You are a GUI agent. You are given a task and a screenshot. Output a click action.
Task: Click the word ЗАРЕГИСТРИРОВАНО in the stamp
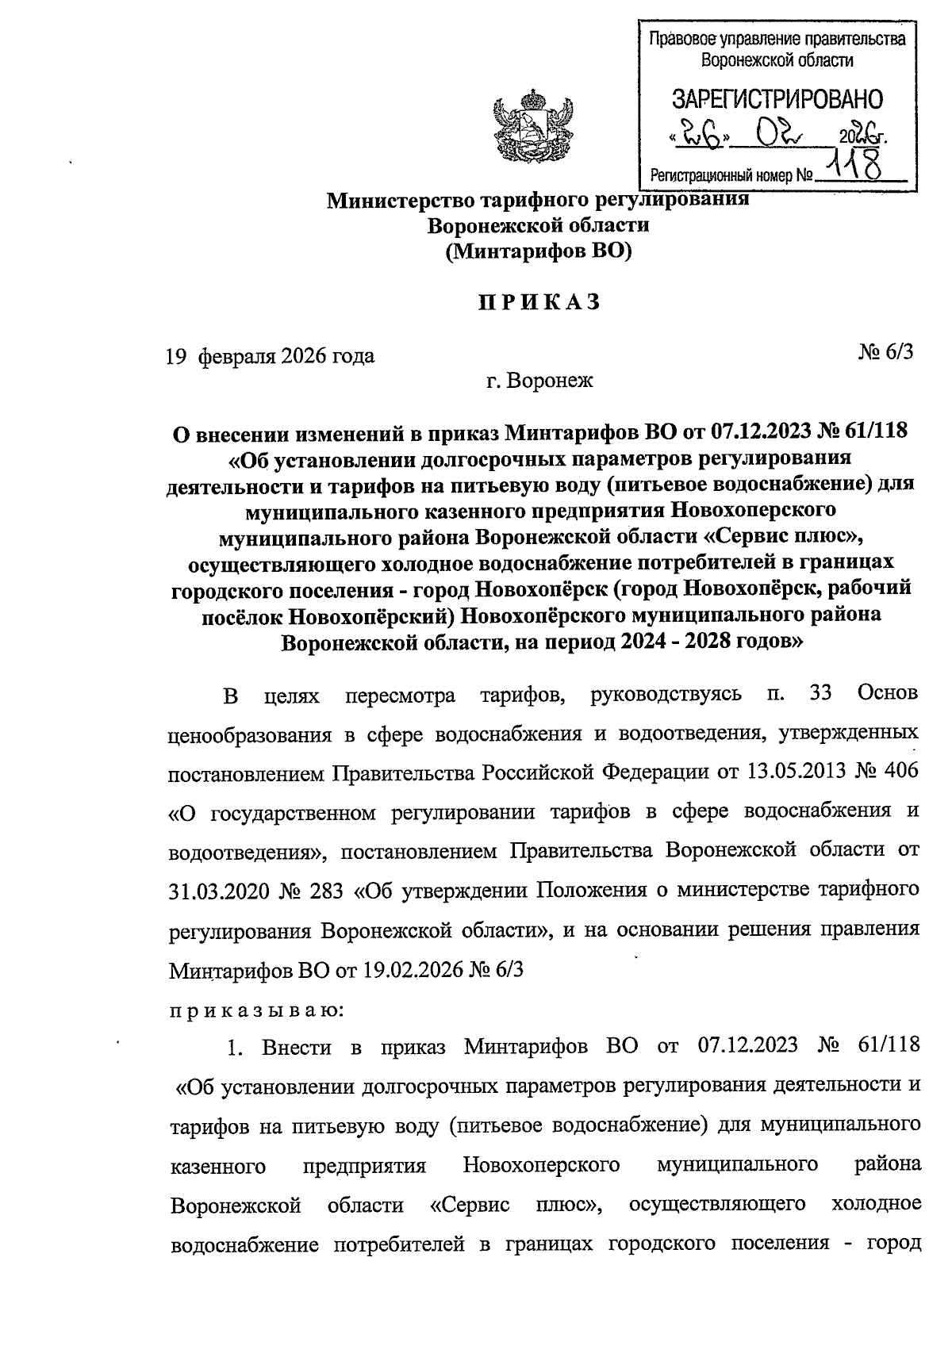click(776, 100)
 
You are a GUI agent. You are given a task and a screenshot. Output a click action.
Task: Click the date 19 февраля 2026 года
click(270, 356)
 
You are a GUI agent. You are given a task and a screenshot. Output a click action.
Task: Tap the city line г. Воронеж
click(539, 381)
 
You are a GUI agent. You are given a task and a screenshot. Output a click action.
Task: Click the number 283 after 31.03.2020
click(322, 891)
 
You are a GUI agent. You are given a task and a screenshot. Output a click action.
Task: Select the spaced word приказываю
click(256, 1010)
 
